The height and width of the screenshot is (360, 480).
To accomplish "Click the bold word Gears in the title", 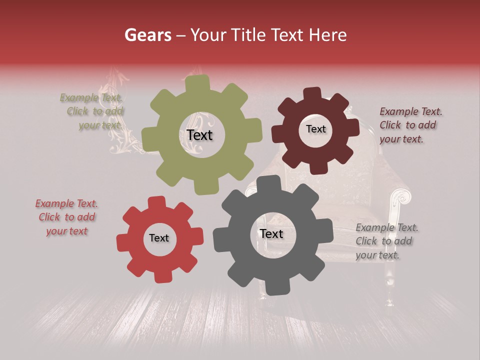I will (147, 35).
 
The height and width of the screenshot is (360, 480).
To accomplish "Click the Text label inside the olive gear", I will (199, 135).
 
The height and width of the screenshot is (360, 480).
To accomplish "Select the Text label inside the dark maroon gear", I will (315, 129).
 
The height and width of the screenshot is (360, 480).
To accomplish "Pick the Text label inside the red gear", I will (159, 238).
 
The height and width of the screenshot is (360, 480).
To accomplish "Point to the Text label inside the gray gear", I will (271, 233).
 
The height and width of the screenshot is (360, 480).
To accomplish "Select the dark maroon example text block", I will (410, 125).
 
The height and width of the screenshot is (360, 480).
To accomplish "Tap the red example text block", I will (66, 217).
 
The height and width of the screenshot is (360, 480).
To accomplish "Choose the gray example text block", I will (386, 241).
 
